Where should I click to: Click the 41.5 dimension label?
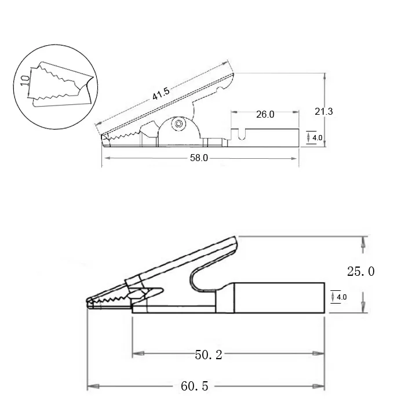click(161, 93)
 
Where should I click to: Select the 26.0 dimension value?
click(265, 114)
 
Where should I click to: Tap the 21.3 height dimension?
click(324, 111)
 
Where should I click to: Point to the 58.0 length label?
click(199, 158)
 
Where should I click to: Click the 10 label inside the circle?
click(25, 81)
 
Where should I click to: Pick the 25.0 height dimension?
click(360, 271)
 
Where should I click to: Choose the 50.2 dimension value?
click(209, 355)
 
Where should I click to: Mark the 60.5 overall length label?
click(195, 386)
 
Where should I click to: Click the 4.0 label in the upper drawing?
click(317, 138)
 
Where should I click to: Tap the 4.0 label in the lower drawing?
click(341, 297)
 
